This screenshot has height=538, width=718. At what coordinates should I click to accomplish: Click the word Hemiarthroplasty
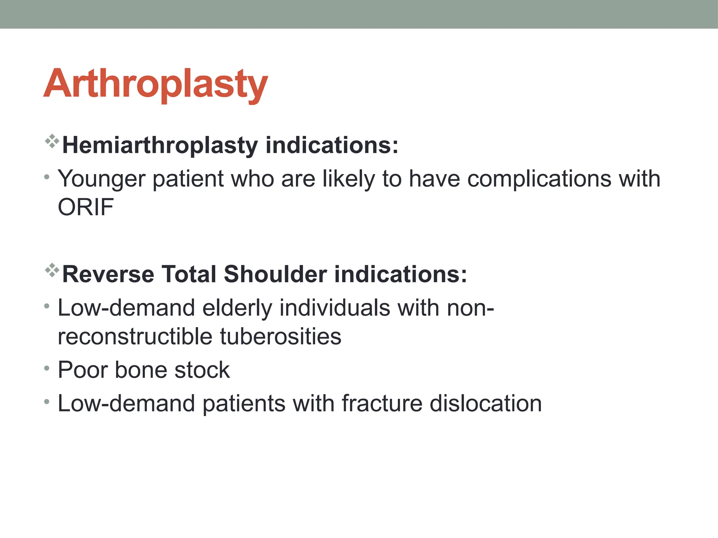point(160,145)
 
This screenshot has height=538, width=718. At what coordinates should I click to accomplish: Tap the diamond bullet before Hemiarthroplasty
point(52,141)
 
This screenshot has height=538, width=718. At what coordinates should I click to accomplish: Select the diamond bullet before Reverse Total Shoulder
point(52,270)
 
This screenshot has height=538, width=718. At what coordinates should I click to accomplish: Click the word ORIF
point(86,207)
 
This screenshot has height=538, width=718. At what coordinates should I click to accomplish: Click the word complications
point(539,179)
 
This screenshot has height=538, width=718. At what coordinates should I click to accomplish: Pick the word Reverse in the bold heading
point(108,274)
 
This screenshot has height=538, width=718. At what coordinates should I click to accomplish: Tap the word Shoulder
point(275,274)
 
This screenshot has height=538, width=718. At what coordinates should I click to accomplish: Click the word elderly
point(237,308)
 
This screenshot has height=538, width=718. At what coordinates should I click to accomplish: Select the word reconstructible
point(135,337)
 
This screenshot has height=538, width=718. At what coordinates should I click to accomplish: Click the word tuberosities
point(280,337)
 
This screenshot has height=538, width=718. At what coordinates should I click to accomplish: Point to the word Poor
point(83,370)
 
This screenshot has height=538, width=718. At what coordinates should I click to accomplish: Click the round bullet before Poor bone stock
point(47,368)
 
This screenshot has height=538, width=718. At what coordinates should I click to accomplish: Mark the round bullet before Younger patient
point(47,177)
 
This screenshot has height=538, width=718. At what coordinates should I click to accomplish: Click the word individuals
point(334,308)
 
